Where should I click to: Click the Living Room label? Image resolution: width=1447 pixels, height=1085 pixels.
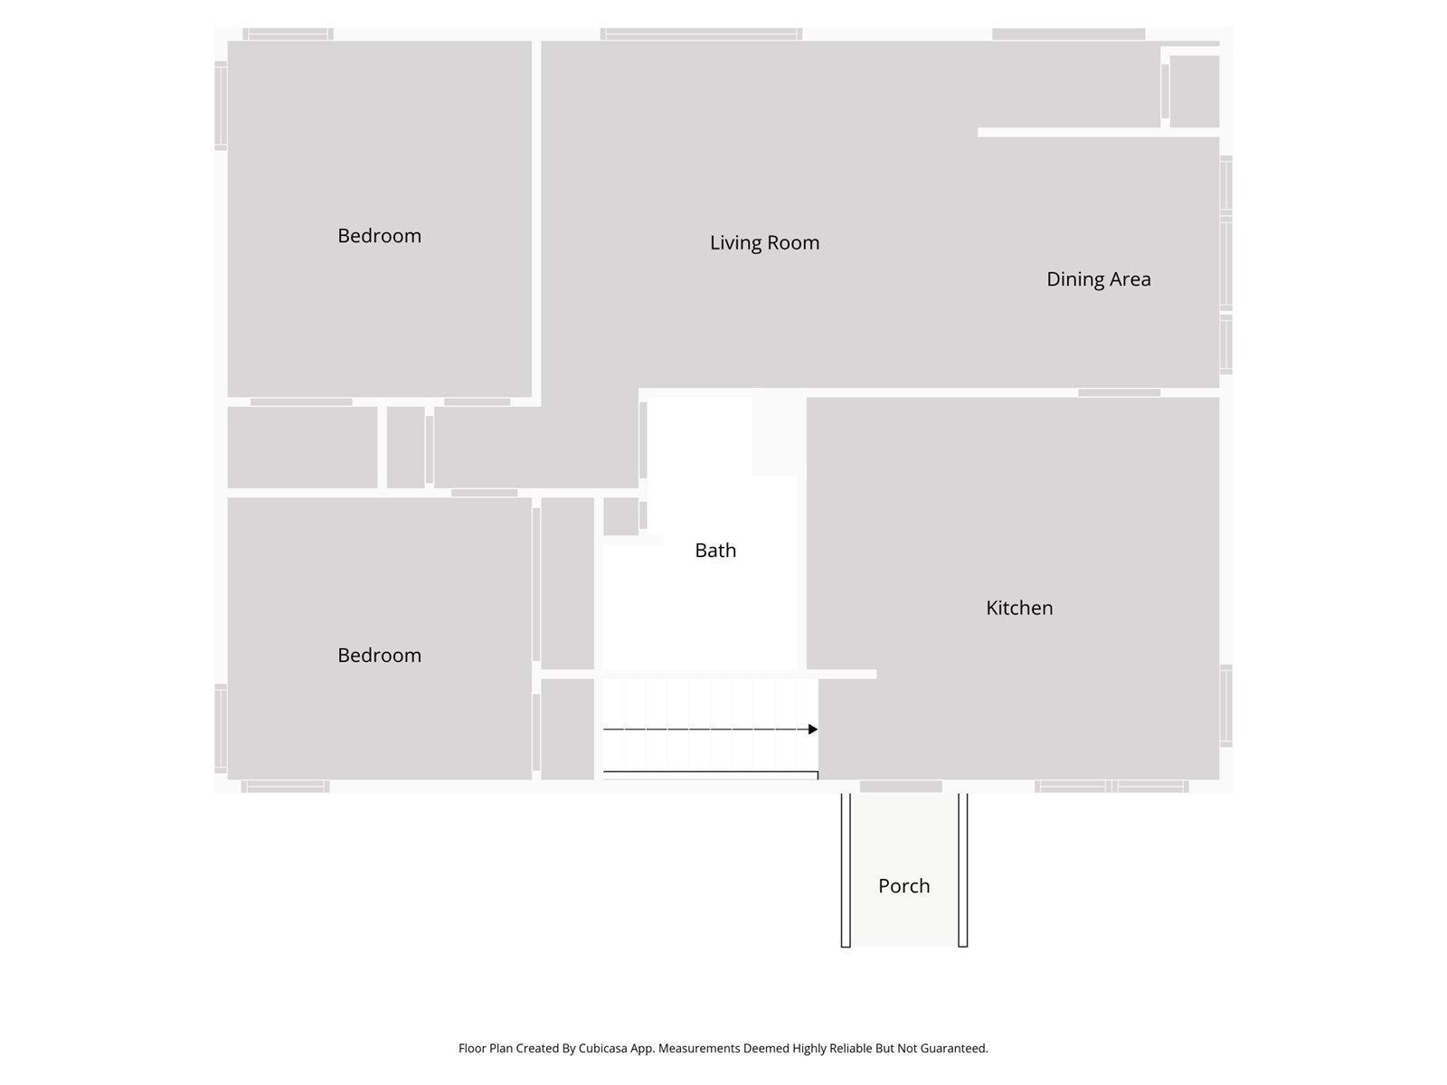[x=765, y=243]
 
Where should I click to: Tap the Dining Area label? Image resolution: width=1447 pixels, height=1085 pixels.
[x=1099, y=279]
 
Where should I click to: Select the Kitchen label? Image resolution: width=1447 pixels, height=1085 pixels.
[x=1019, y=608]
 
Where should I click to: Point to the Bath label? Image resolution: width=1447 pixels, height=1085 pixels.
[x=715, y=550]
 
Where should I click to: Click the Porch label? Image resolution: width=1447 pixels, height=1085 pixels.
[x=903, y=886]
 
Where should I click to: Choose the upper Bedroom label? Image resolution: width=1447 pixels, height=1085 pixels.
[x=379, y=236]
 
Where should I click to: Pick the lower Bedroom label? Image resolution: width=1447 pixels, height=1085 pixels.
[x=379, y=656]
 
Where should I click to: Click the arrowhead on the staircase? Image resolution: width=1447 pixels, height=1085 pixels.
[x=813, y=730]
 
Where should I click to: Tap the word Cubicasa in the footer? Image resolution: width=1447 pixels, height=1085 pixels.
[x=602, y=1048]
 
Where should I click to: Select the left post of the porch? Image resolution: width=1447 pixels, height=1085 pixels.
[x=846, y=870]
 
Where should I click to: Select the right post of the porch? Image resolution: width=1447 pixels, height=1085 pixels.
[x=962, y=870]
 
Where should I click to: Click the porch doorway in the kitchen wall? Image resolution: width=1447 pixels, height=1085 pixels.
[x=901, y=787]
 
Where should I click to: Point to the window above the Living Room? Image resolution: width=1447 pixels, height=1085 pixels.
[x=702, y=34]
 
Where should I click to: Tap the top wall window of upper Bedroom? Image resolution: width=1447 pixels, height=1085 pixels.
[x=288, y=34]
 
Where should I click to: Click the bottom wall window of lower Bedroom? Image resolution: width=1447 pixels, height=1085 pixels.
[x=285, y=787]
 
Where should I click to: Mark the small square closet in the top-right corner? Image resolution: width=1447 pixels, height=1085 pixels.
[x=1194, y=91]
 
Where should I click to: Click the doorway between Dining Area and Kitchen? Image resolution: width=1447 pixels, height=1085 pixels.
[x=1120, y=392]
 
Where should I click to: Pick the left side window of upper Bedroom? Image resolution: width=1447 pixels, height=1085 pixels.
[x=221, y=106]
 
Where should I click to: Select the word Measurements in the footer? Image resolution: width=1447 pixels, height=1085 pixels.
[x=699, y=1048]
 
